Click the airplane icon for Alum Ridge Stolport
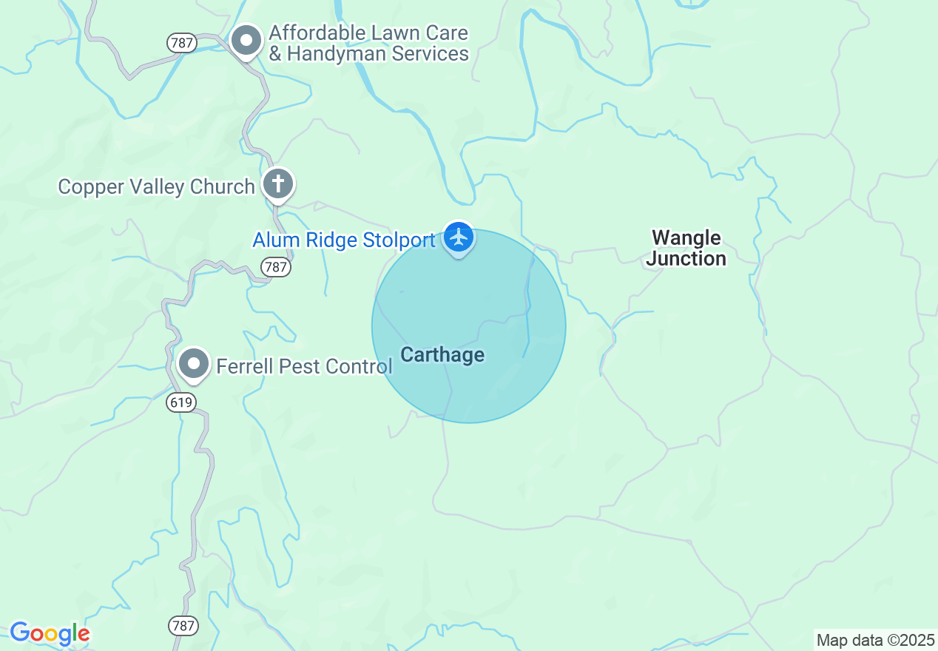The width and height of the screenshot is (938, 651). point(459,237)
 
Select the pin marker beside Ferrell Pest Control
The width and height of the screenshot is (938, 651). point(194,364)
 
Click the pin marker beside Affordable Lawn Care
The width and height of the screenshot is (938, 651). point(246,41)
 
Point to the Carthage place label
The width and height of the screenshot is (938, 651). point(442,355)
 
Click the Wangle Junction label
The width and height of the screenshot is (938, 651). point(686,248)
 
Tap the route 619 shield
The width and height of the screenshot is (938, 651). point(181,402)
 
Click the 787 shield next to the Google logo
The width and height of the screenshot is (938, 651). point(183,625)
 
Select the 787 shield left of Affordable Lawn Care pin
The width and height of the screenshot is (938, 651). point(181,43)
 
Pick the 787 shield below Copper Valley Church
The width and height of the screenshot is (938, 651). point(276,267)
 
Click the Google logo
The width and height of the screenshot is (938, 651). point(50,633)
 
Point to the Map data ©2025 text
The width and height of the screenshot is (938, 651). point(874,640)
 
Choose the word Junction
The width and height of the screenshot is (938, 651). point(686,258)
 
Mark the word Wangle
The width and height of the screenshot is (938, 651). point(686,237)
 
